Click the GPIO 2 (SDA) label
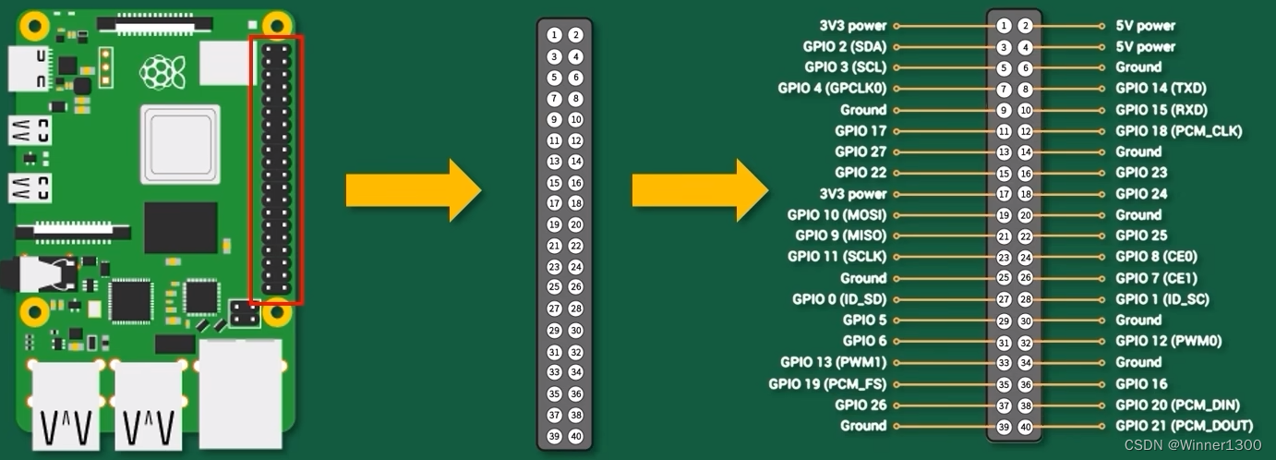click(x=845, y=46)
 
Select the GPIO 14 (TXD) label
click(x=1161, y=89)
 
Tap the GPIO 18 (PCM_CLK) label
click(x=1178, y=131)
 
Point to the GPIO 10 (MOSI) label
click(x=837, y=214)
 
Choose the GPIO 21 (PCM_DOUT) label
click(x=1184, y=426)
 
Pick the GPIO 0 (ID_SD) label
click(x=838, y=299)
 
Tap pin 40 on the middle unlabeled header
click(x=576, y=437)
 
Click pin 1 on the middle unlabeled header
click(x=553, y=35)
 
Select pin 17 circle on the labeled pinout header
click(x=1004, y=194)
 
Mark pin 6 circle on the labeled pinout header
click(x=1026, y=67)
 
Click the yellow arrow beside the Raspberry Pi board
click(x=413, y=189)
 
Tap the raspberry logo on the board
click(x=161, y=72)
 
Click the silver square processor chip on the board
click(x=180, y=144)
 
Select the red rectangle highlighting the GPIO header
click(x=275, y=170)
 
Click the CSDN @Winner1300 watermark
click(x=1193, y=445)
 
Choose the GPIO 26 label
click(x=861, y=405)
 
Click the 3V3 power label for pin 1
click(x=852, y=26)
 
